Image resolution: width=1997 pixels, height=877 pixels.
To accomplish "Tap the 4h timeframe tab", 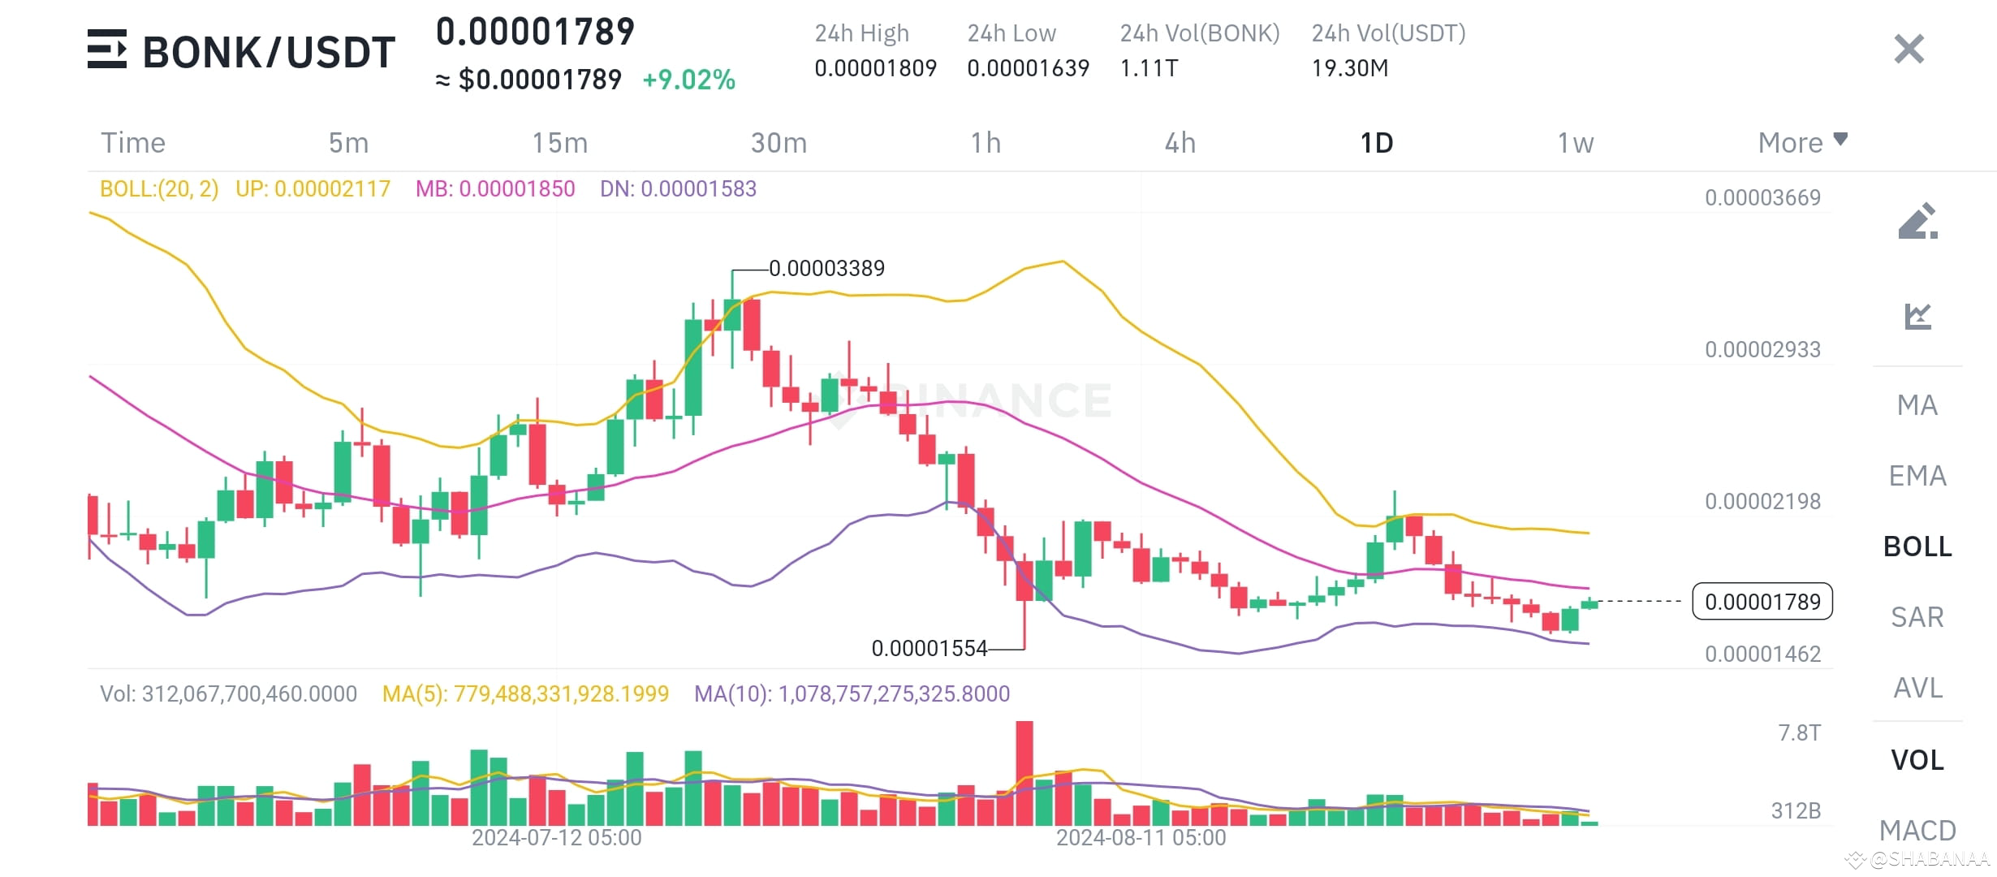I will [x=1180, y=143].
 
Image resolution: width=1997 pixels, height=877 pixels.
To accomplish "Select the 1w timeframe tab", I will [x=1575, y=143].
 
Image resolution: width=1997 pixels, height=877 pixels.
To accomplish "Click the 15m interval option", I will [x=559, y=143].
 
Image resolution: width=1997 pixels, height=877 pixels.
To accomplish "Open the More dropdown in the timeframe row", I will [x=1802, y=143].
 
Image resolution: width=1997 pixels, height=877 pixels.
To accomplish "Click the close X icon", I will [x=1909, y=49].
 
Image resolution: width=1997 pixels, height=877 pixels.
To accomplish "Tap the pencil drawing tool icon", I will [x=1917, y=221].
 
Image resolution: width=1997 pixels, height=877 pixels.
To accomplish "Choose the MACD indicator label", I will [x=1917, y=830].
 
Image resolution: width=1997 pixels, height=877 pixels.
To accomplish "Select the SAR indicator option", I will [x=1917, y=617].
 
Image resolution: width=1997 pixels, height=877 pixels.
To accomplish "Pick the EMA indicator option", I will [x=1917, y=476].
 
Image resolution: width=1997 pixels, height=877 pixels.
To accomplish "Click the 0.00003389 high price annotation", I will [x=826, y=268].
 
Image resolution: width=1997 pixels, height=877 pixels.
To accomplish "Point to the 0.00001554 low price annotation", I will [x=929, y=648].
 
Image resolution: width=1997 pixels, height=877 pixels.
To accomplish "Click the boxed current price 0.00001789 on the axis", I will [x=1762, y=602].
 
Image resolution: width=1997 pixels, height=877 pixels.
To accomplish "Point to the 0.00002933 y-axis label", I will [x=1762, y=350].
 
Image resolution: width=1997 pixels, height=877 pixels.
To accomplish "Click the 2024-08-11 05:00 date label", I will [x=1141, y=838].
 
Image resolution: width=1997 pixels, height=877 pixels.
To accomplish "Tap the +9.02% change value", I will [x=688, y=80].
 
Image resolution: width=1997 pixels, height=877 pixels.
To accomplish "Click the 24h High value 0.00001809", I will [x=875, y=68].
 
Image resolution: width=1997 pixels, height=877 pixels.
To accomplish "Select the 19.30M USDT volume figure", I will [x=1350, y=68].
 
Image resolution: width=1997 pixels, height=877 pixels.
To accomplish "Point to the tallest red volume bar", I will [x=1024, y=771].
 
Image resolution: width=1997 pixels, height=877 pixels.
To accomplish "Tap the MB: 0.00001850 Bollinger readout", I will [x=495, y=189].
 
